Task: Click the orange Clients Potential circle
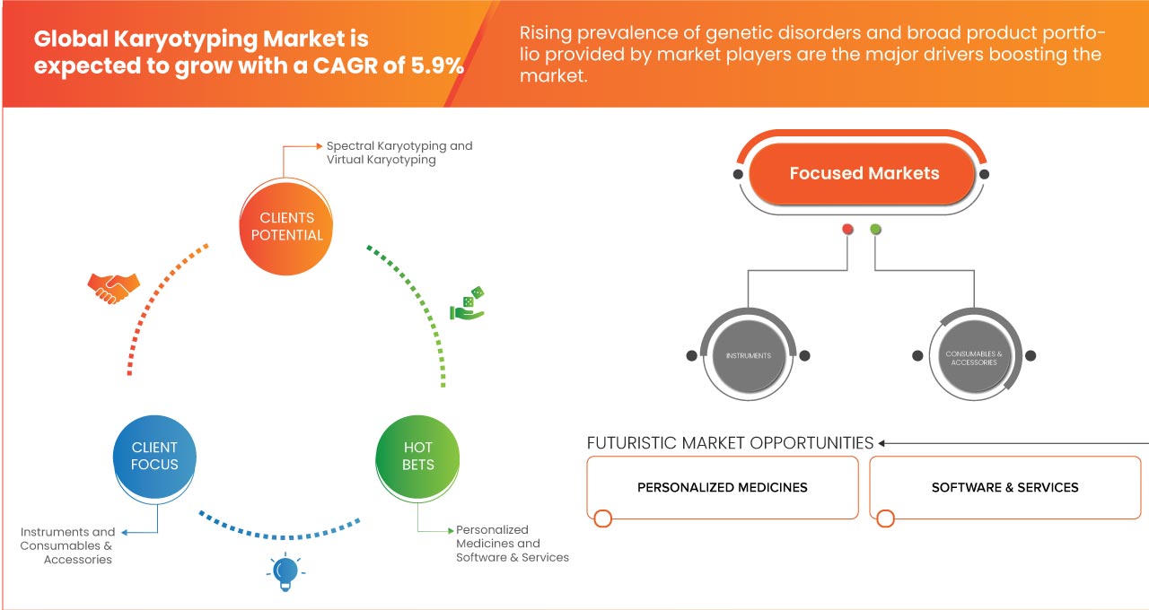[286, 226]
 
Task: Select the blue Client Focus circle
[154, 456]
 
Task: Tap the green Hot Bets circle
[418, 456]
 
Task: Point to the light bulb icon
[285, 571]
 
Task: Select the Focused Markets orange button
[864, 174]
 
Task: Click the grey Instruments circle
[749, 356]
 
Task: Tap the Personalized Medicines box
[723, 487]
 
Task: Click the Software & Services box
[1004, 487]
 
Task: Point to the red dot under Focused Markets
[847, 230]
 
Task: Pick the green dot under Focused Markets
[875, 230]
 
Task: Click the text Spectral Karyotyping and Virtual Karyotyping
[399, 152]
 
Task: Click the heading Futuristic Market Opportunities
[730, 443]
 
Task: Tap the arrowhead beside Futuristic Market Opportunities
[882, 443]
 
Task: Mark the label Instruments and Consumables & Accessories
[68, 545]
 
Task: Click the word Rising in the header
[546, 34]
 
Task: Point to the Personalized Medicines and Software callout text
[512, 544]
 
